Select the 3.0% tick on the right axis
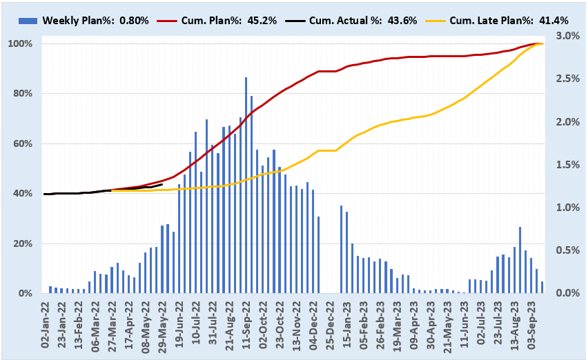pos(557,36)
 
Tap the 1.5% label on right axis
pos(557,165)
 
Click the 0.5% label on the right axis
pos(557,250)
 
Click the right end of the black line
pos(162,184)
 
